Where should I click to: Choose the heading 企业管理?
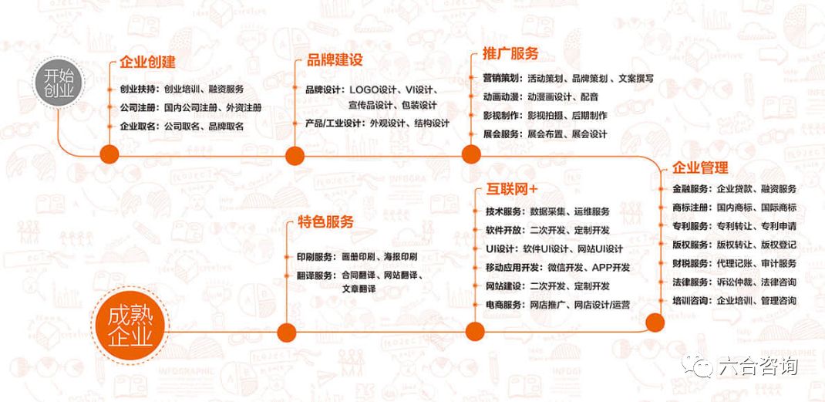[x=701, y=167]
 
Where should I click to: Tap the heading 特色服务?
[x=326, y=222]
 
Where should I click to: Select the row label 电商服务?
[x=505, y=305]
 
